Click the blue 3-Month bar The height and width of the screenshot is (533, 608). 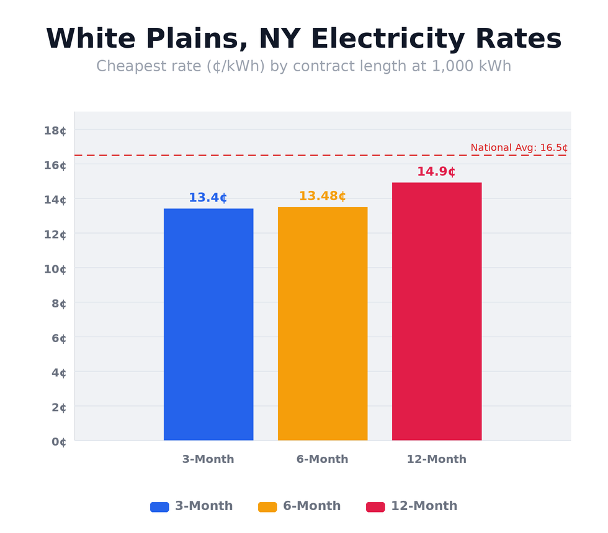(208, 324)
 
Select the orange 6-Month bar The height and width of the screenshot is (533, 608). (323, 324)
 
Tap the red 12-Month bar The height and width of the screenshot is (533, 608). (437, 311)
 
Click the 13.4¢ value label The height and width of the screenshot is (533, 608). (208, 198)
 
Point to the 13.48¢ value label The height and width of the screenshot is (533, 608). (322, 196)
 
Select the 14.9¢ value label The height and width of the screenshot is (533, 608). (436, 172)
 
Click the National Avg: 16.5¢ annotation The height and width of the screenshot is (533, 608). (519, 148)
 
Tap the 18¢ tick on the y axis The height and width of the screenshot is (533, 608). (55, 130)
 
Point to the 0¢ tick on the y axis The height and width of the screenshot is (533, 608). (58, 442)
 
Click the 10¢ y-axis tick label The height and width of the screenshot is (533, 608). (55, 269)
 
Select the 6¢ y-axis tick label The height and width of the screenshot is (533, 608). (58, 338)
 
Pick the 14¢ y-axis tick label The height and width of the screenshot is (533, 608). (55, 200)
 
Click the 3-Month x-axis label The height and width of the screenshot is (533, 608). (208, 459)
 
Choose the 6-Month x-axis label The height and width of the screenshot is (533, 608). (322, 459)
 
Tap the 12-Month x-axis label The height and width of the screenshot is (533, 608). (436, 459)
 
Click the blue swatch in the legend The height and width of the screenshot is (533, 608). (159, 507)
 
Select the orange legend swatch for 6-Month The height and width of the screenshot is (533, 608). (267, 507)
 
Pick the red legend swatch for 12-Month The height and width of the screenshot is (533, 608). (375, 507)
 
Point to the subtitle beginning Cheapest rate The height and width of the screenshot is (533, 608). (303, 66)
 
